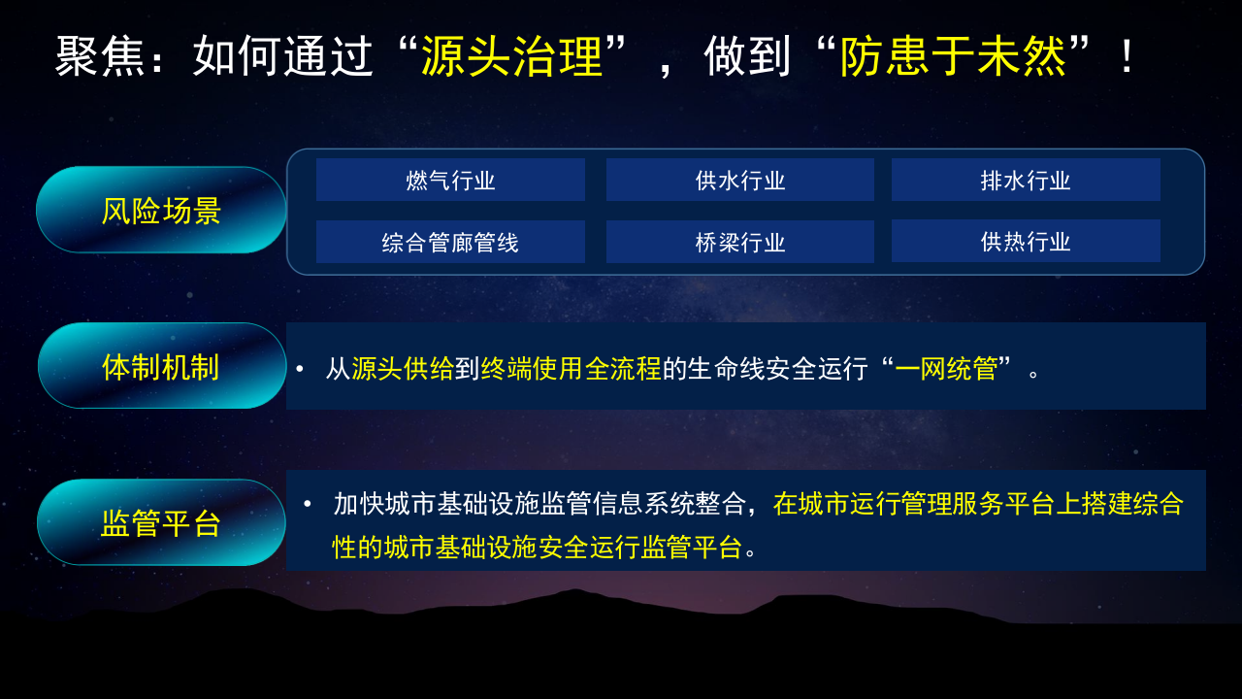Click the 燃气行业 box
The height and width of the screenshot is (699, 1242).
(x=450, y=181)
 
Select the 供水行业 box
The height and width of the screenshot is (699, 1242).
(x=740, y=181)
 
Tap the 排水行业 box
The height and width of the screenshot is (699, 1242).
(x=1026, y=181)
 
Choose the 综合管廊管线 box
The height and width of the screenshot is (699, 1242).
(x=450, y=243)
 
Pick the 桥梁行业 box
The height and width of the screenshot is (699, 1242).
(x=740, y=243)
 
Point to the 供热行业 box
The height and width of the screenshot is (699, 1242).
(x=1026, y=242)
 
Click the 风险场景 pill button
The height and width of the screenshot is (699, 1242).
(x=161, y=211)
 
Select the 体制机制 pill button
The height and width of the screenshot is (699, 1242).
(x=161, y=367)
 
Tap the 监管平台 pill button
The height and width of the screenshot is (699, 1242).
(x=161, y=523)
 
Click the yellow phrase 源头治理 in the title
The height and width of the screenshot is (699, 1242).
(x=511, y=57)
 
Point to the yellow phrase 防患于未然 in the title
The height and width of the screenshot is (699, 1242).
(x=953, y=57)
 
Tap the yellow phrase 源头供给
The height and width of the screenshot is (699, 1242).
(x=403, y=369)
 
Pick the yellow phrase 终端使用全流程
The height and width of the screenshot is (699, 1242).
(x=571, y=369)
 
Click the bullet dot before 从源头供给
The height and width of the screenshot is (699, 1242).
(x=300, y=369)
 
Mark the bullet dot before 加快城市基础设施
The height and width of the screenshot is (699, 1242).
(x=308, y=504)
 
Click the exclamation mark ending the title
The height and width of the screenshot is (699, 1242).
(x=1127, y=57)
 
